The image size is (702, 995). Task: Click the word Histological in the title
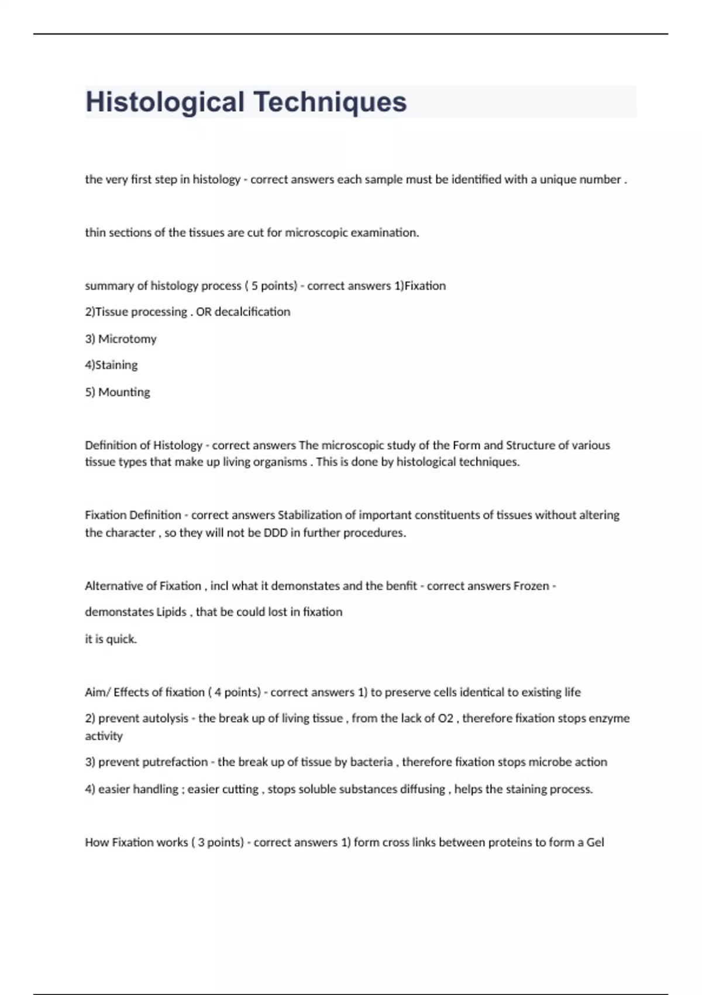(x=164, y=102)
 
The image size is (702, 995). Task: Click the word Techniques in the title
(x=330, y=102)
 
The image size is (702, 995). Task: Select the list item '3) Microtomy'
(x=121, y=339)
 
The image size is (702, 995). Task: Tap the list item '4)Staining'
(x=111, y=365)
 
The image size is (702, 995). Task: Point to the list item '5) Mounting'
(x=118, y=392)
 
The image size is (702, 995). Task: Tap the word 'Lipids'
(x=171, y=612)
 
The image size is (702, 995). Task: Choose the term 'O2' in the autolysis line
(x=445, y=718)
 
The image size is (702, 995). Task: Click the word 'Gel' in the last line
(x=595, y=842)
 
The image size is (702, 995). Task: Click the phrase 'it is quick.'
(x=111, y=639)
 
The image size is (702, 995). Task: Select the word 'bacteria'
(x=371, y=762)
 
